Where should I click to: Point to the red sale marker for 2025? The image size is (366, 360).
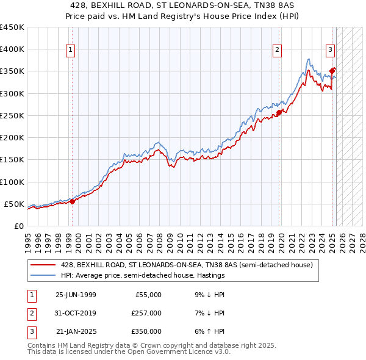click(x=332, y=71)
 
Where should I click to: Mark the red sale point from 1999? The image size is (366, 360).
click(x=72, y=201)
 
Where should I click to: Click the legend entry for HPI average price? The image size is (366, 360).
click(x=143, y=276)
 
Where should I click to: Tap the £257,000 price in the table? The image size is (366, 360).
click(x=146, y=313)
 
